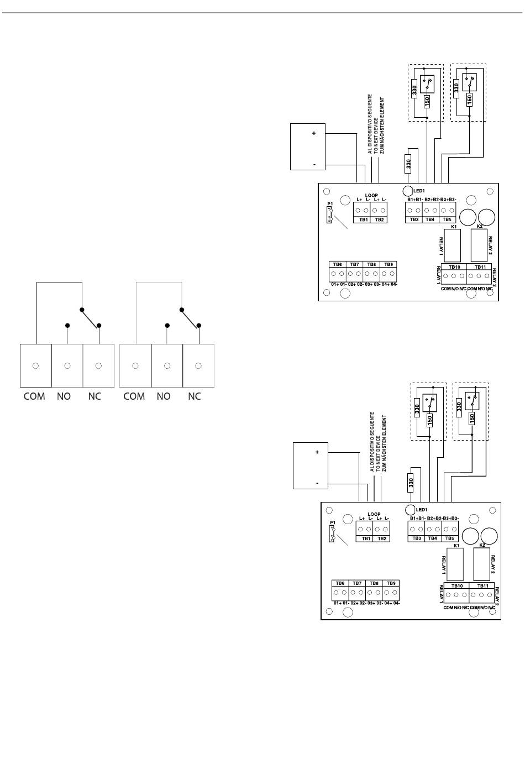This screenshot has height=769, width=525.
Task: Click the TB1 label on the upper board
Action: pyautogui.click(x=364, y=219)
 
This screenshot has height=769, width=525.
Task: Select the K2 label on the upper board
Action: pyautogui.click(x=479, y=226)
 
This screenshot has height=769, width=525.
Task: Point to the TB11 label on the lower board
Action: pyautogui.click(x=482, y=586)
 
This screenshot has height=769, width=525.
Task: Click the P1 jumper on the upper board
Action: pyautogui.click(x=330, y=215)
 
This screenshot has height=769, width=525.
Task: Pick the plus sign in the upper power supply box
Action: pyautogui.click(x=314, y=134)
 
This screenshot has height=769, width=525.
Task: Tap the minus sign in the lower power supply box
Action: pyautogui.click(x=317, y=483)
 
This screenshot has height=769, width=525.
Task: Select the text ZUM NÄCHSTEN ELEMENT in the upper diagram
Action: pyautogui.click(x=382, y=125)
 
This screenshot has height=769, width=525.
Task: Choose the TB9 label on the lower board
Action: pyautogui.click(x=391, y=583)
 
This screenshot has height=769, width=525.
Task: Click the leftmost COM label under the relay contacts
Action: pyautogui.click(x=34, y=396)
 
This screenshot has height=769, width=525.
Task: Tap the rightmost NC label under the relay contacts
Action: pyautogui.click(x=195, y=396)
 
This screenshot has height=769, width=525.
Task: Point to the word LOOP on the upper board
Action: pyautogui.click(x=371, y=195)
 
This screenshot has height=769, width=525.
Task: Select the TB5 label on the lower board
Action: pyautogui.click(x=450, y=538)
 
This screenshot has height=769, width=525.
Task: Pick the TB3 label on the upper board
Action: pyautogui.click(x=414, y=219)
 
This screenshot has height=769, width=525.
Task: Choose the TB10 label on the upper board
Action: pyautogui.click(x=454, y=266)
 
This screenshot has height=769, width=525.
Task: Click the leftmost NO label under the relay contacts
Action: pyautogui.click(x=64, y=396)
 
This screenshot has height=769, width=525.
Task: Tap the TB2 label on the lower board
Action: pyautogui.click(x=382, y=538)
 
